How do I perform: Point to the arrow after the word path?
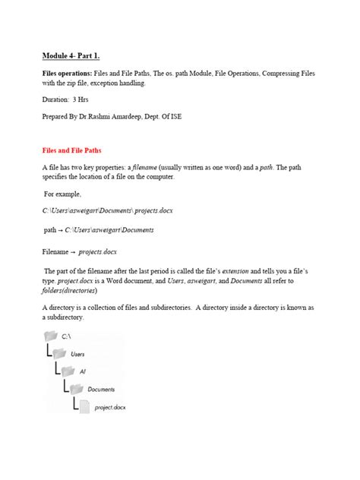click(x=59, y=228)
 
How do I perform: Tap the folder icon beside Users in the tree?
click(x=60, y=353)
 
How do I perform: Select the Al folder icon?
click(x=68, y=371)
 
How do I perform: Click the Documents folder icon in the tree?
click(x=76, y=389)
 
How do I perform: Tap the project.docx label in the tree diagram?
click(x=110, y=408)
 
